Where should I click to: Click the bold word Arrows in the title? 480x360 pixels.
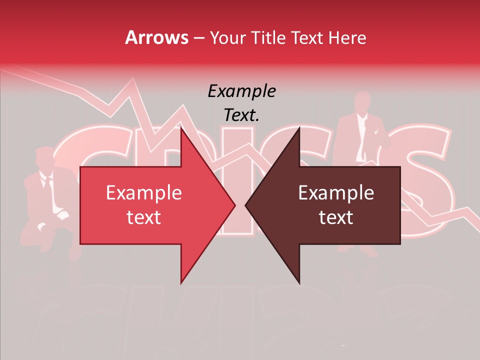tap(157, 37)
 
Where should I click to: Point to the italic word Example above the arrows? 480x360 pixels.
tap(241, 91)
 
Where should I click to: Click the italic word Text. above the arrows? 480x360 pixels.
tap(241, 115)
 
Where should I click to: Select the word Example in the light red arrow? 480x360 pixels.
tap(143, 193)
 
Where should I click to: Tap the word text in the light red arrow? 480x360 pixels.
tap(143, 217)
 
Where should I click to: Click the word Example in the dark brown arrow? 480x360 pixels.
tap(336, 193)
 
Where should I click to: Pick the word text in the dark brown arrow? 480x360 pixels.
tap(336, 217)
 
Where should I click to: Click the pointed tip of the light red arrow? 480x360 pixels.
tap(234, 205)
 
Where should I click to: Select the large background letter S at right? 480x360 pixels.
tap(425, 180)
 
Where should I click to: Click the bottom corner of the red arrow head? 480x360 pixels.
tap(181, 282)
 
